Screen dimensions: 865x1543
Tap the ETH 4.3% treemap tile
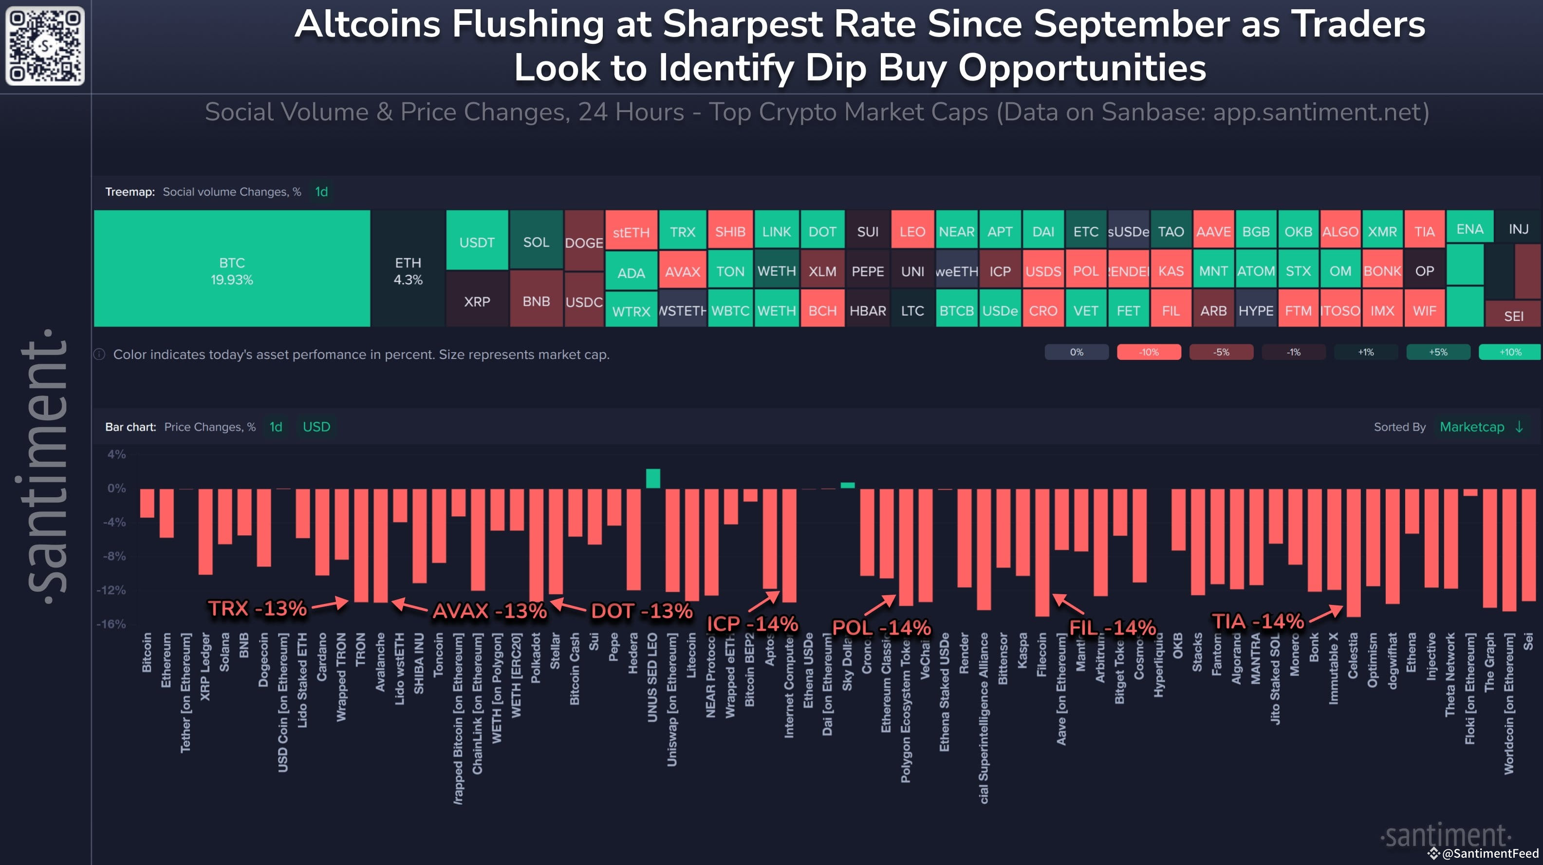(408, 270)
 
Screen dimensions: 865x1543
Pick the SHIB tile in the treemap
(730, 231)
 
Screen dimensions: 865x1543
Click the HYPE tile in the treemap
(1256, 310)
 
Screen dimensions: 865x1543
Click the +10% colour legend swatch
(1509, 352)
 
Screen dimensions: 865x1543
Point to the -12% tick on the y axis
(112, 590)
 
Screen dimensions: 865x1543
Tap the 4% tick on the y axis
(116, 454)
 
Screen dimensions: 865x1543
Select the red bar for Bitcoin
(147, 503)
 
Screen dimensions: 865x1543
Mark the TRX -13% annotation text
(257, 609)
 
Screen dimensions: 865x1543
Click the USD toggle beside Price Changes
(316, 427)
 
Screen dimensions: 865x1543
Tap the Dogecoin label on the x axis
(263, 659)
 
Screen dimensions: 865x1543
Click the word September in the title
(1132, 25)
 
